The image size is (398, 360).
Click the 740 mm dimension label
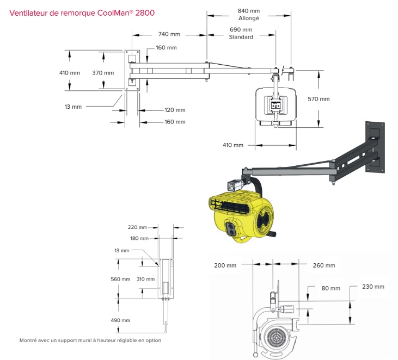tap(169, 34)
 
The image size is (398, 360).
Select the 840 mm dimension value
tap(249, 10)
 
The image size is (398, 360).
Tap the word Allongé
tap(249, 18)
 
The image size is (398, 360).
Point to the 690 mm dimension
tap(241, 29)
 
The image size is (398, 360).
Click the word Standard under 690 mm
tap(241, 37)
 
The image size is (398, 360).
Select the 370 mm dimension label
tap(103, 73)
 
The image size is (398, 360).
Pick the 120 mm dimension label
tap(175, 110)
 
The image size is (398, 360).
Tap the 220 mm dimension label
tap(138, 227)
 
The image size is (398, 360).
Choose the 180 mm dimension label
tap(140, 238)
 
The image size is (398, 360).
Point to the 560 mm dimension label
tap(121, 279)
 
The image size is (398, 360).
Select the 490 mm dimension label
tap(121, 320)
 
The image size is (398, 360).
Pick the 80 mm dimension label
tap(330, 288)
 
